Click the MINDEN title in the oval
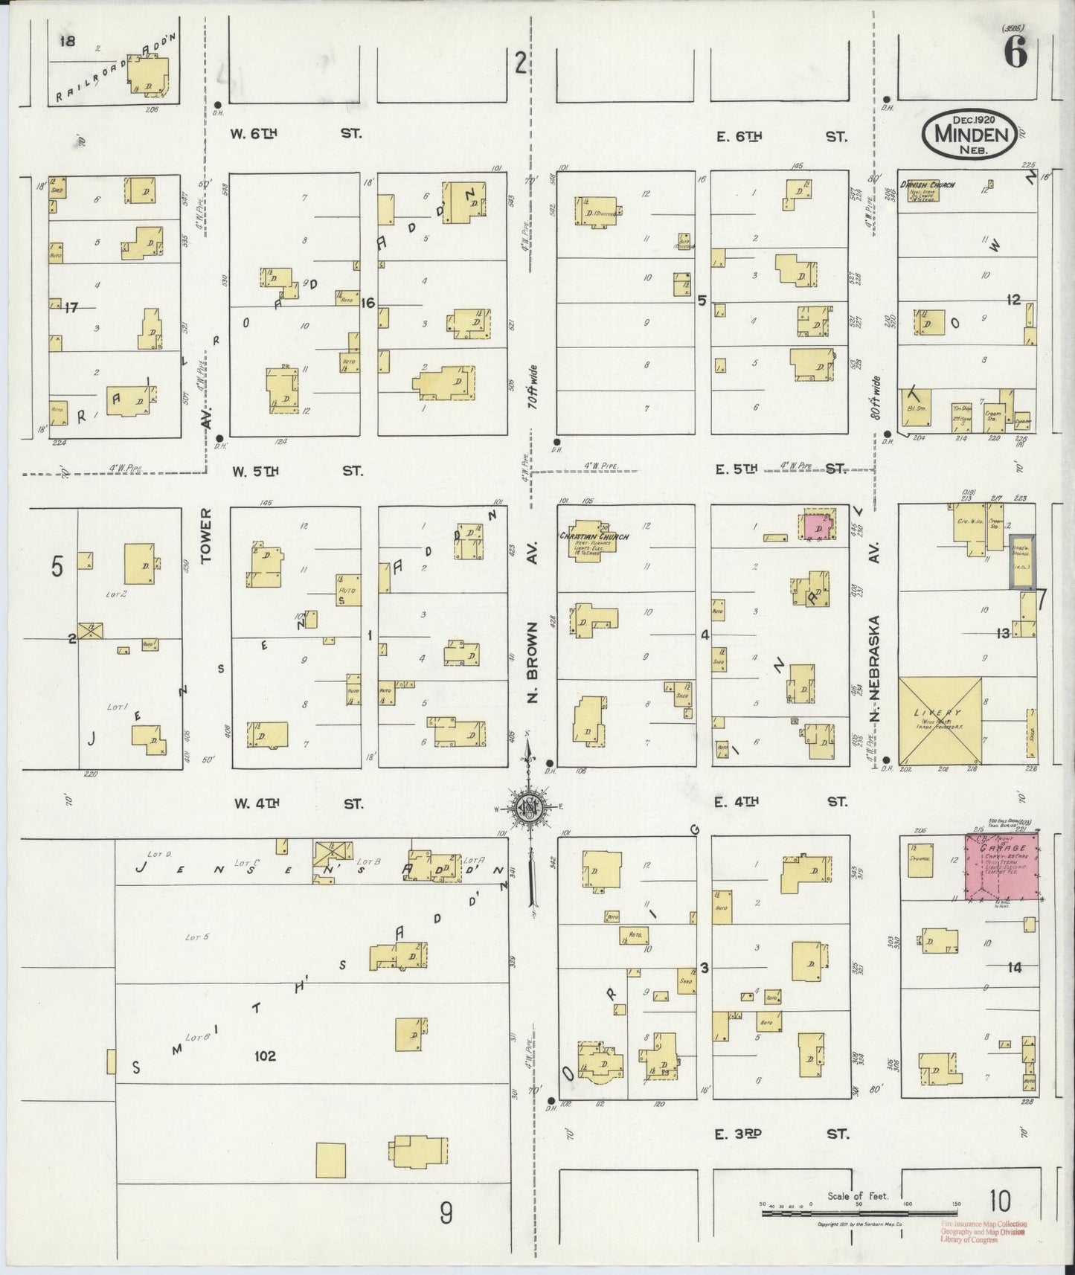(971, 135)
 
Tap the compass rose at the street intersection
(529, 808)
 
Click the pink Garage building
(1002, 867)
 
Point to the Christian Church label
(594, 536)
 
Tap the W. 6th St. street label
(296, 134)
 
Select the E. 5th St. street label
(780, 469)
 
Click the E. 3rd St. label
(780, 1134)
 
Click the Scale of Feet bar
(859, 1213)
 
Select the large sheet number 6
(1015, 54)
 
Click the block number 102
(265, 1056)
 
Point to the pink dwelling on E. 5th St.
(818, 525)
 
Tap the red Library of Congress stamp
(983, 1231)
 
